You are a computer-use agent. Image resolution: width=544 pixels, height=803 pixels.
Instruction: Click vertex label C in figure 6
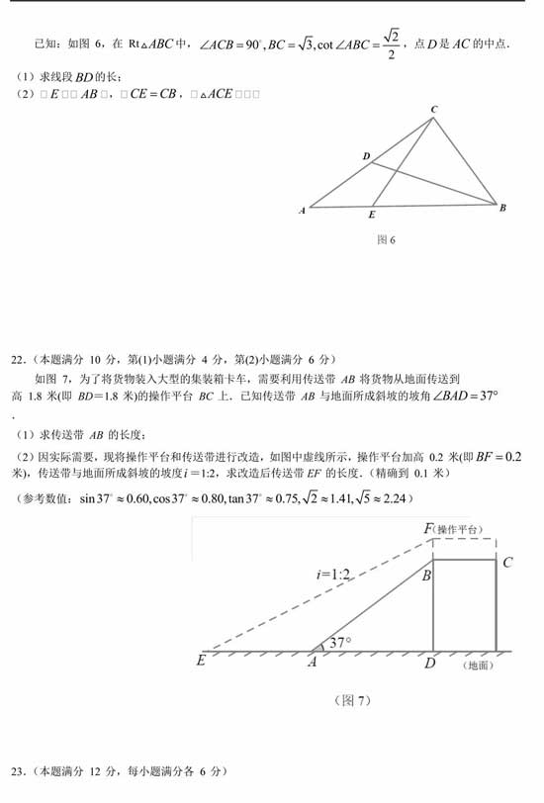click(x=434, y=109)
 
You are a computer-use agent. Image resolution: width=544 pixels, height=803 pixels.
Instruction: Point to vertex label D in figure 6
click(x=366, y=156)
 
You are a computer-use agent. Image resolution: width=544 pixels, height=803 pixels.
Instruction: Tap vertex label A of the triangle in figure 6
click(x=302, y=210)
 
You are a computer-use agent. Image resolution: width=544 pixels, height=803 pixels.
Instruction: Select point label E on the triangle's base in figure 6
click(x=372, y=215)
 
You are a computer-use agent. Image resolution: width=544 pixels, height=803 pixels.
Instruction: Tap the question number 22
click(x=17, y=358)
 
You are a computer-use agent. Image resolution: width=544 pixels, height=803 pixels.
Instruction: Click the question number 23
click(x=17, y=770)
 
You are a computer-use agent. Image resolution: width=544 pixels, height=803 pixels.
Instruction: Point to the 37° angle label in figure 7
click(x=341, y=643)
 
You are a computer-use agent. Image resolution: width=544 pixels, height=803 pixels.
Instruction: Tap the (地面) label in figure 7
click(x=477, y=665)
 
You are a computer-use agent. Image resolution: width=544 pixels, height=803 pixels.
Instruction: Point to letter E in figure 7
click(x=202, y=660)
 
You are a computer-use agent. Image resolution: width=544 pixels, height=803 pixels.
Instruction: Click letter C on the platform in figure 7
click(x=507, y=563)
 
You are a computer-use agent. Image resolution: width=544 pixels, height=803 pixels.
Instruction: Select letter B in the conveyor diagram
click(x=426, y=575)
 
